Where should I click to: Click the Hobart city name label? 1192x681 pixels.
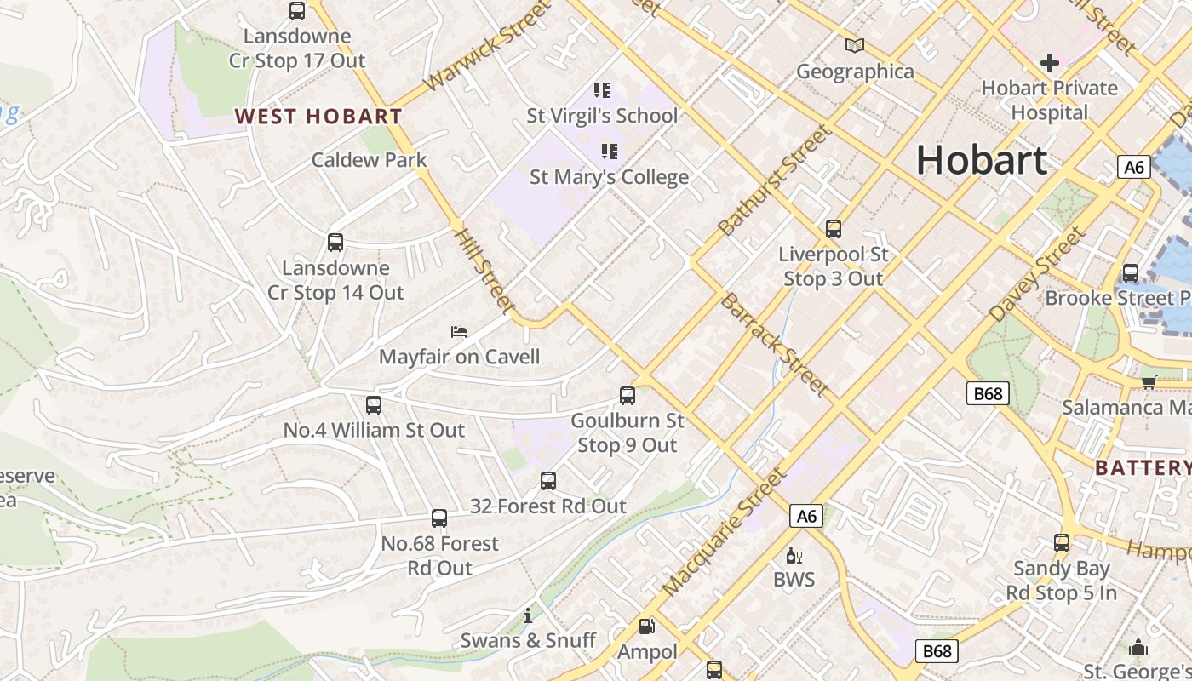[x=981, y=160]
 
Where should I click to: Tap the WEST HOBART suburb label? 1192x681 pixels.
[x=318, y=117]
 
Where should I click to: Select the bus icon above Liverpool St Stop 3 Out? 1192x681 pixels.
[x=833, y=229]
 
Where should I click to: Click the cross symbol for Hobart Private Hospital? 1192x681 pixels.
[x=1050, y=62]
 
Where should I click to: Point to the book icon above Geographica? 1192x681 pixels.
[x=854, y=46]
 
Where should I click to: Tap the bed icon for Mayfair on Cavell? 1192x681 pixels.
[x=459, y=331]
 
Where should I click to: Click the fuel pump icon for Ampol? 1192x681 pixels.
[x=647, y=627]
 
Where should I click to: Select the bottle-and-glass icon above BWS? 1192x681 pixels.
[x=794, y=556]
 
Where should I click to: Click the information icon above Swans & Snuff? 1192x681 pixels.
[x=528, y=615]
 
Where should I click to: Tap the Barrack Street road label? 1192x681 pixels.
[x=774, y=344]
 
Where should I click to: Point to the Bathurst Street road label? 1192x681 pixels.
[x=774, y=180]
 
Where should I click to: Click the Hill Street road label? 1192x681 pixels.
[x=484, y=270]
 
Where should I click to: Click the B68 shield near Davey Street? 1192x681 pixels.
[x=988, y=393]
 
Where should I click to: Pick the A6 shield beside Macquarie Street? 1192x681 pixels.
[x=805, y=516]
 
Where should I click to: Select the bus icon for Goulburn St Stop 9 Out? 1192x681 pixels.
[x=628, y=396]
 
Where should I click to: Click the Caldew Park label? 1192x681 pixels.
[x=369, y=160]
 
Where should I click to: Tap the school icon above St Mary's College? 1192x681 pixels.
[x=609, y=152]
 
